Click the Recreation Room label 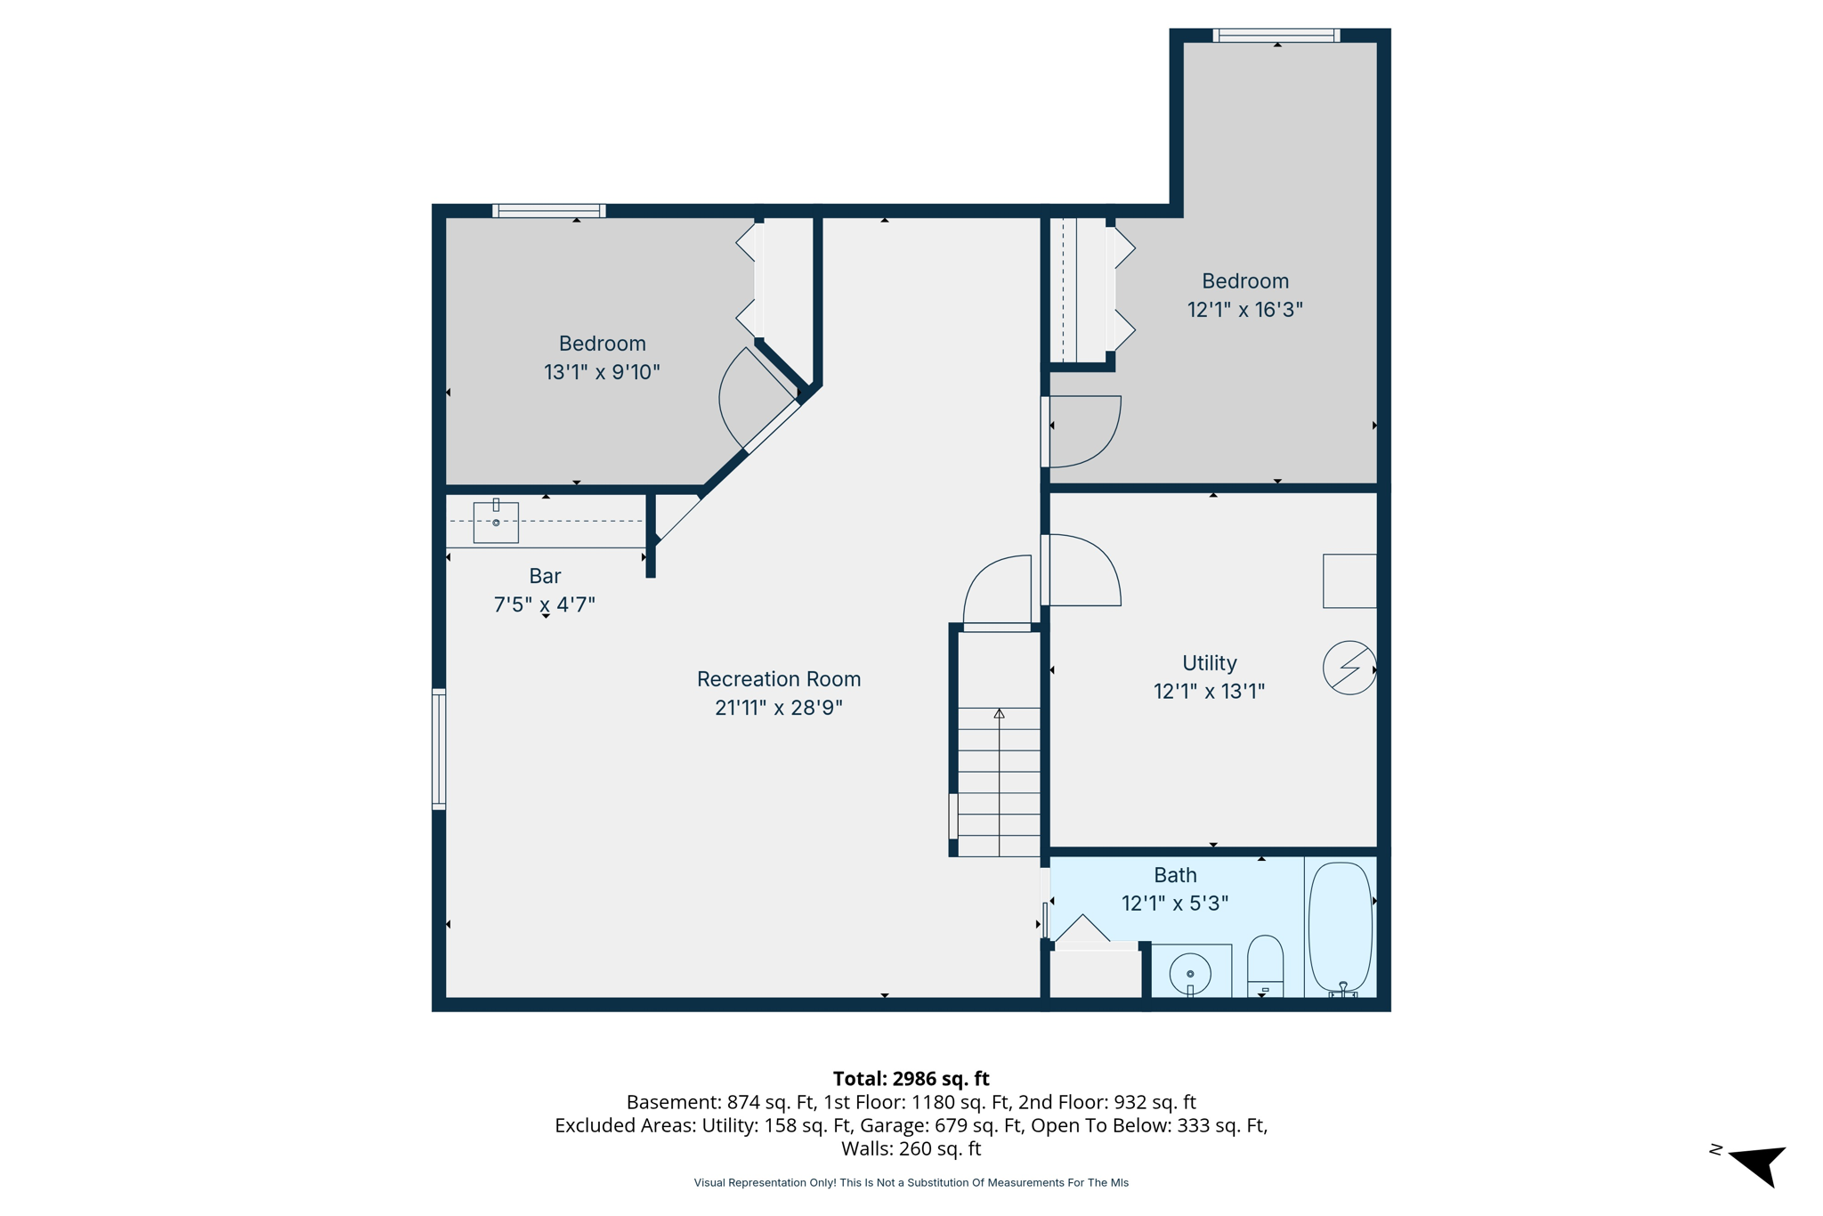(778, 679)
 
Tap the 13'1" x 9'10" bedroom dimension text (602, 372)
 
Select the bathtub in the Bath (1340, 928)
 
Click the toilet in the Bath (1265, 965)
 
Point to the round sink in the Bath (1190, 973)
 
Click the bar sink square (496, 523)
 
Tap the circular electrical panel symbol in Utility (1349, 668)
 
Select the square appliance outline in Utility (1349, 581)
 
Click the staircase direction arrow (1000, 714)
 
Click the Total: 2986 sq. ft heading (911, 1079)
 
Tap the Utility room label (1209, 663)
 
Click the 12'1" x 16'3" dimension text (1244, 310)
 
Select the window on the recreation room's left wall (439, 749)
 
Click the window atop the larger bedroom (1276, 36)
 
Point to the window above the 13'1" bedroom (549, 211)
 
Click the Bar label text (545, 576)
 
